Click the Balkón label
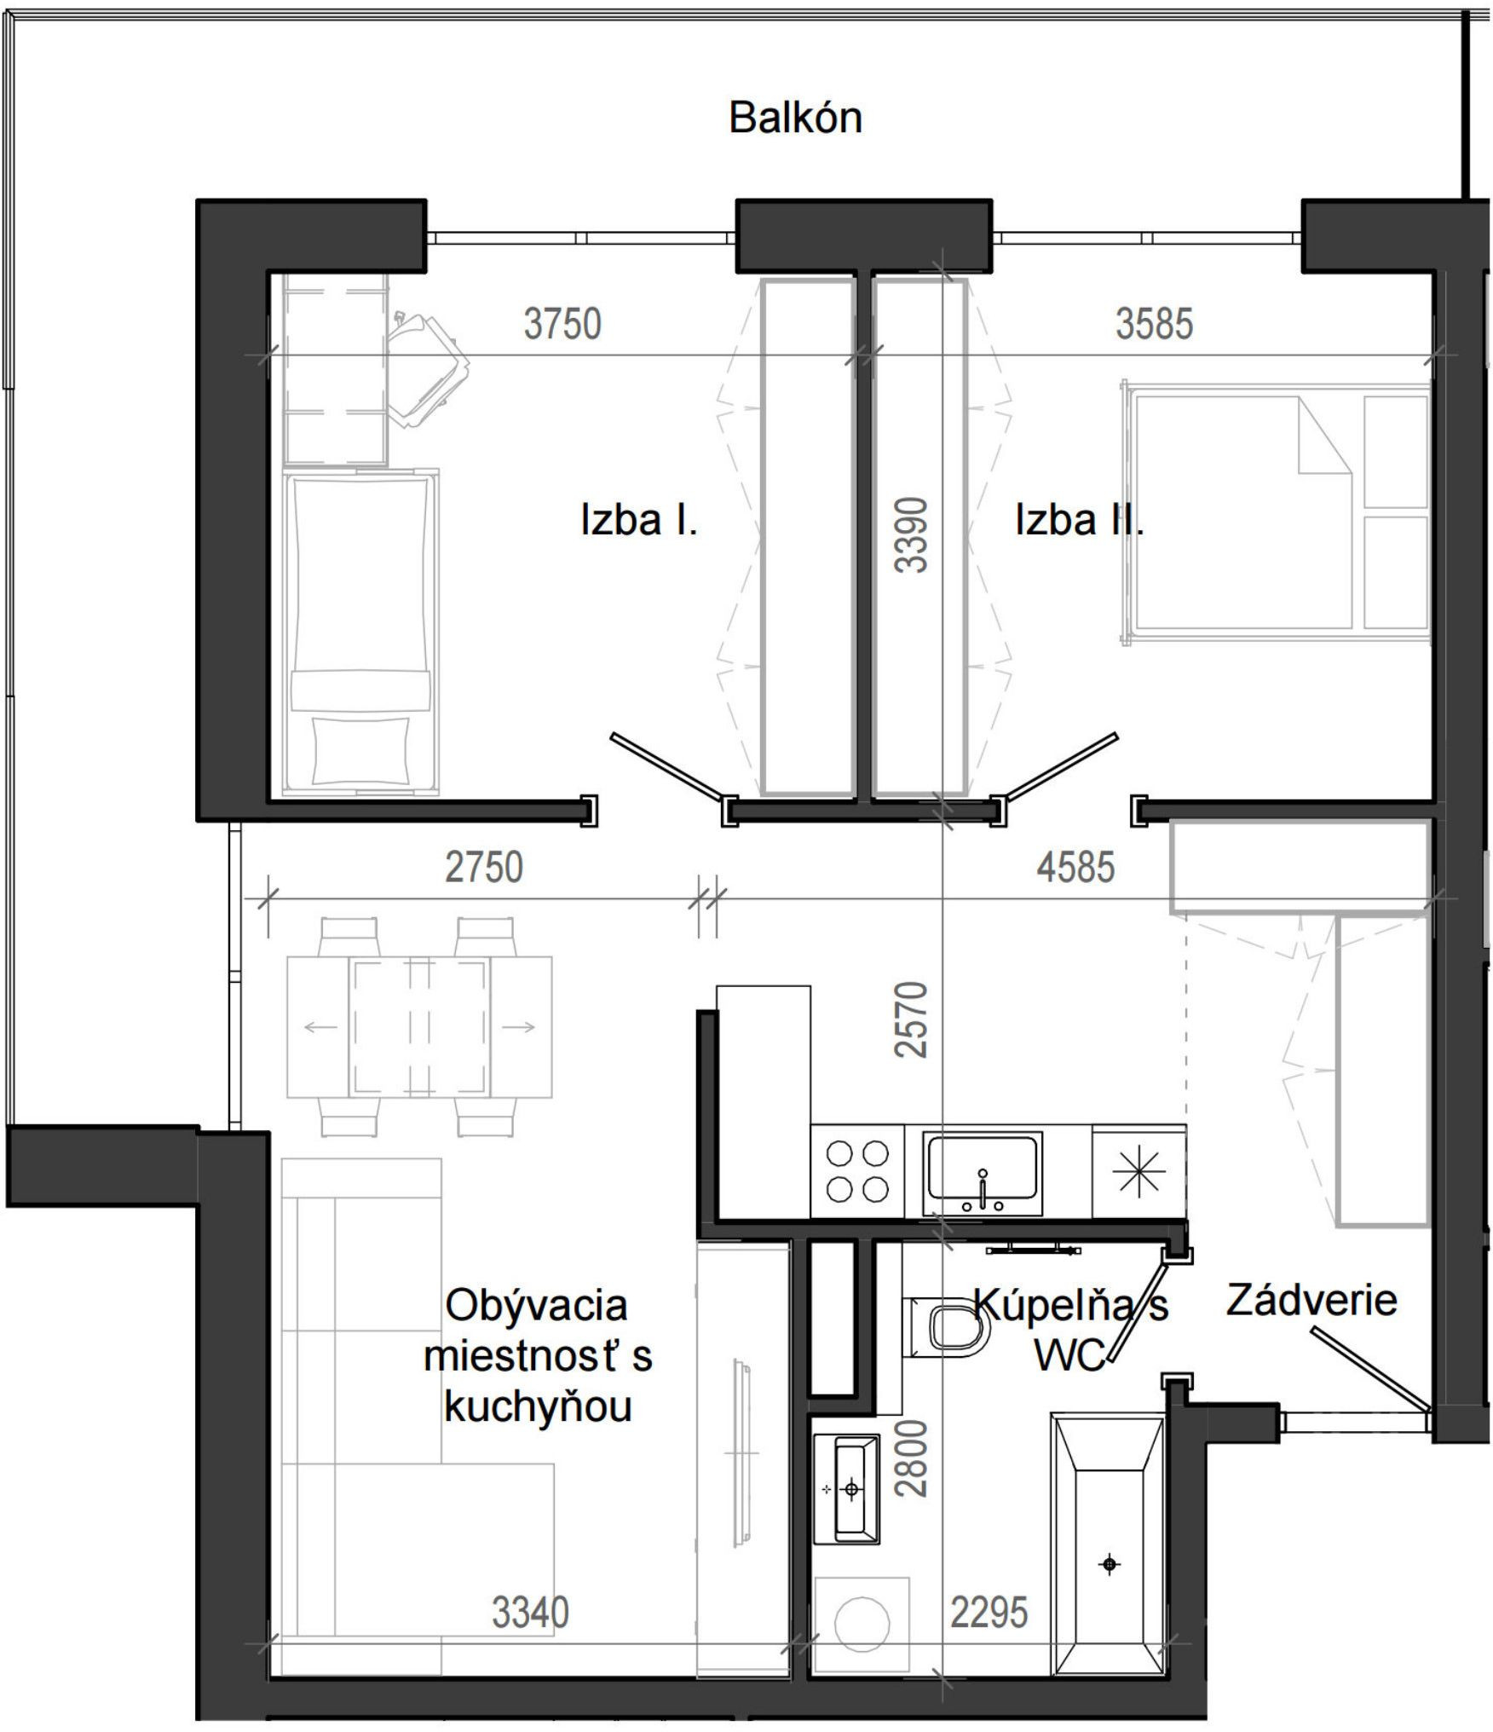[795, 118]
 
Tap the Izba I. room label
[639, 519]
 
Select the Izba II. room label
[1079, 519]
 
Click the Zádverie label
[1311, 1301]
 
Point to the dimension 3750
[562, 324]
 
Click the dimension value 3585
[1155, 324]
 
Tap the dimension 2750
[484, 867]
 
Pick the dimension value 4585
[1075, 867]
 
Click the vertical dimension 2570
[911, 1019]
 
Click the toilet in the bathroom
[946, 1328]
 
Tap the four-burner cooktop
[857, 1171]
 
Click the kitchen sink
[983, 1173]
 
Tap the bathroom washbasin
[846, 1489]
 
